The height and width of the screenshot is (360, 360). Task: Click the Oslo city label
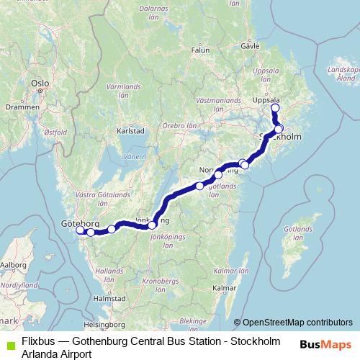(40, 84)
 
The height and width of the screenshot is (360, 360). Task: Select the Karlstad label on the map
(131, 132)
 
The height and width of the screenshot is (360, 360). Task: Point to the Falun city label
(200, 51)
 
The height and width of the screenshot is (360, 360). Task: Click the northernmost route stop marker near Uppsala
(274, 108)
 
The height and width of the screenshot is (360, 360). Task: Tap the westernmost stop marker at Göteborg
(81, 230)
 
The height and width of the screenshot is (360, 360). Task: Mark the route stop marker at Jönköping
(152, 225)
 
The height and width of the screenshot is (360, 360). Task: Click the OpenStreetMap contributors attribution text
(297, 322)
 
